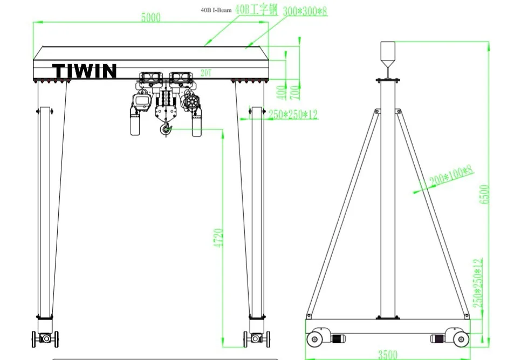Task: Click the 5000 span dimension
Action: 151,17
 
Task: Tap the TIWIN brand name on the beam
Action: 85,71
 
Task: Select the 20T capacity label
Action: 206,73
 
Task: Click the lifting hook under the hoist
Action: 166,128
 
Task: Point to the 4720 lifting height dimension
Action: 218,238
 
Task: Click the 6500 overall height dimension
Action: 484,194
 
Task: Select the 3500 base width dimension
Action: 388,355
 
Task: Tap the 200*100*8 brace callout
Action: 451,176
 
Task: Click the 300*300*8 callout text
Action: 305,11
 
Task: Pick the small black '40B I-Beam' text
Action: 216,10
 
